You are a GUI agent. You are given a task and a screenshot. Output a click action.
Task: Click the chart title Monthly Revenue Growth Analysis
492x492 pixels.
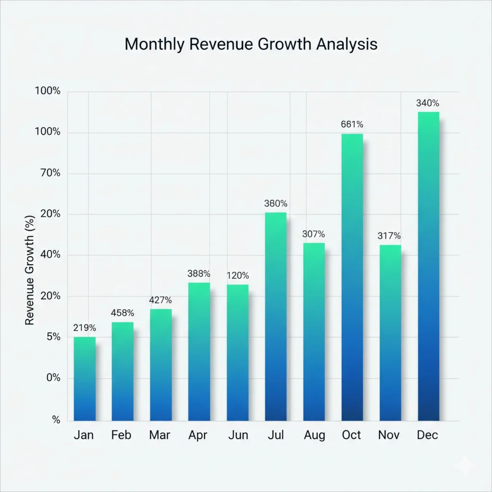(251, 44)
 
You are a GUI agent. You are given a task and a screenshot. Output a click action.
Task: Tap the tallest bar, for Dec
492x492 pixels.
(429, 266)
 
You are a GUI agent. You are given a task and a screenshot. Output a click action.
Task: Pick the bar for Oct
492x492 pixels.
(352, 277)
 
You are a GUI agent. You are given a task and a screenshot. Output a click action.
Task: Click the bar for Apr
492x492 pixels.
(199, 351)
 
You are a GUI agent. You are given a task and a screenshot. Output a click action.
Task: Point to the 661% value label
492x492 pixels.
(352, 124)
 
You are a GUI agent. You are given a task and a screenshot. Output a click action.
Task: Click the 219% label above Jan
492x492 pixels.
(85, 328)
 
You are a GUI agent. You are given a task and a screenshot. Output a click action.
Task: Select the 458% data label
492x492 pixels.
(123, 313)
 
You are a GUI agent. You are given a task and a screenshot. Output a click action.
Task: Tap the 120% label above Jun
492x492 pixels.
(237, 276)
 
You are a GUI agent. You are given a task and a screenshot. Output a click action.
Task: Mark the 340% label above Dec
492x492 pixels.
(428, 103)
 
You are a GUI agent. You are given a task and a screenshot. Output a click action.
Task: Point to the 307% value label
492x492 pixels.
(314, 234)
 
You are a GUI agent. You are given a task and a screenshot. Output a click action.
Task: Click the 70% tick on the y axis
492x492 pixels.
(51, 173)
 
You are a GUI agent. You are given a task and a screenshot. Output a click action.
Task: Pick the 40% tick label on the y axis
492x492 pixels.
(50, 255)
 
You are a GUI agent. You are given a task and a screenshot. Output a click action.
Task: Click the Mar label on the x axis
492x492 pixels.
(160, 435)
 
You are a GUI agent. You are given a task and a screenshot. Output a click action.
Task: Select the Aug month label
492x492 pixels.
(314, 435)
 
